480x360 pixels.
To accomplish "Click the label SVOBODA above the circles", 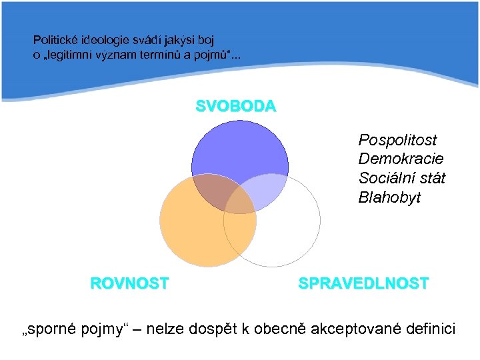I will click(235, 106).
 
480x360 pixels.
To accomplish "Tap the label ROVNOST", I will click(129, 283).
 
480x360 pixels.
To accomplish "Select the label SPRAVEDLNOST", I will click(363, 283).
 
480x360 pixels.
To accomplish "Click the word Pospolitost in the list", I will click(397, 140).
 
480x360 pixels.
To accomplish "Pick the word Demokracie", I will click(401, 159).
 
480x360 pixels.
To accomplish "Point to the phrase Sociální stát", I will click(401, 178).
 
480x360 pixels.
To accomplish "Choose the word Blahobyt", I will click(389, 197).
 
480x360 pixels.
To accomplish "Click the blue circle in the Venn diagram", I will click(240, 150).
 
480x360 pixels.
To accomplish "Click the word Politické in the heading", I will click(55, 41).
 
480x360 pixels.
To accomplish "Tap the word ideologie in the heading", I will click(105, 41).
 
